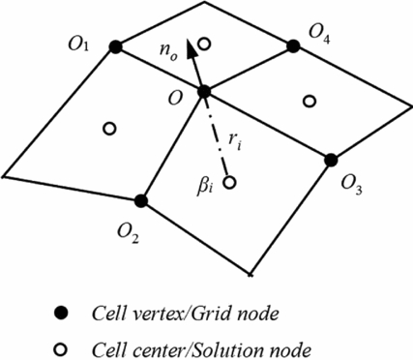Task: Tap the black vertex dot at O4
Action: (x=292, y=45)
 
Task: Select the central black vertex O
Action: (x=204, y=92)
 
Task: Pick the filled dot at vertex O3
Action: (x=331, y=159)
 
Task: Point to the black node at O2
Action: (x=141, y=201)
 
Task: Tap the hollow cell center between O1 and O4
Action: (x=204, y=44)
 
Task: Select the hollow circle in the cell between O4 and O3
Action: (x=310, y=100)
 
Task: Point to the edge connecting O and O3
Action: (x=268, y=126)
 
